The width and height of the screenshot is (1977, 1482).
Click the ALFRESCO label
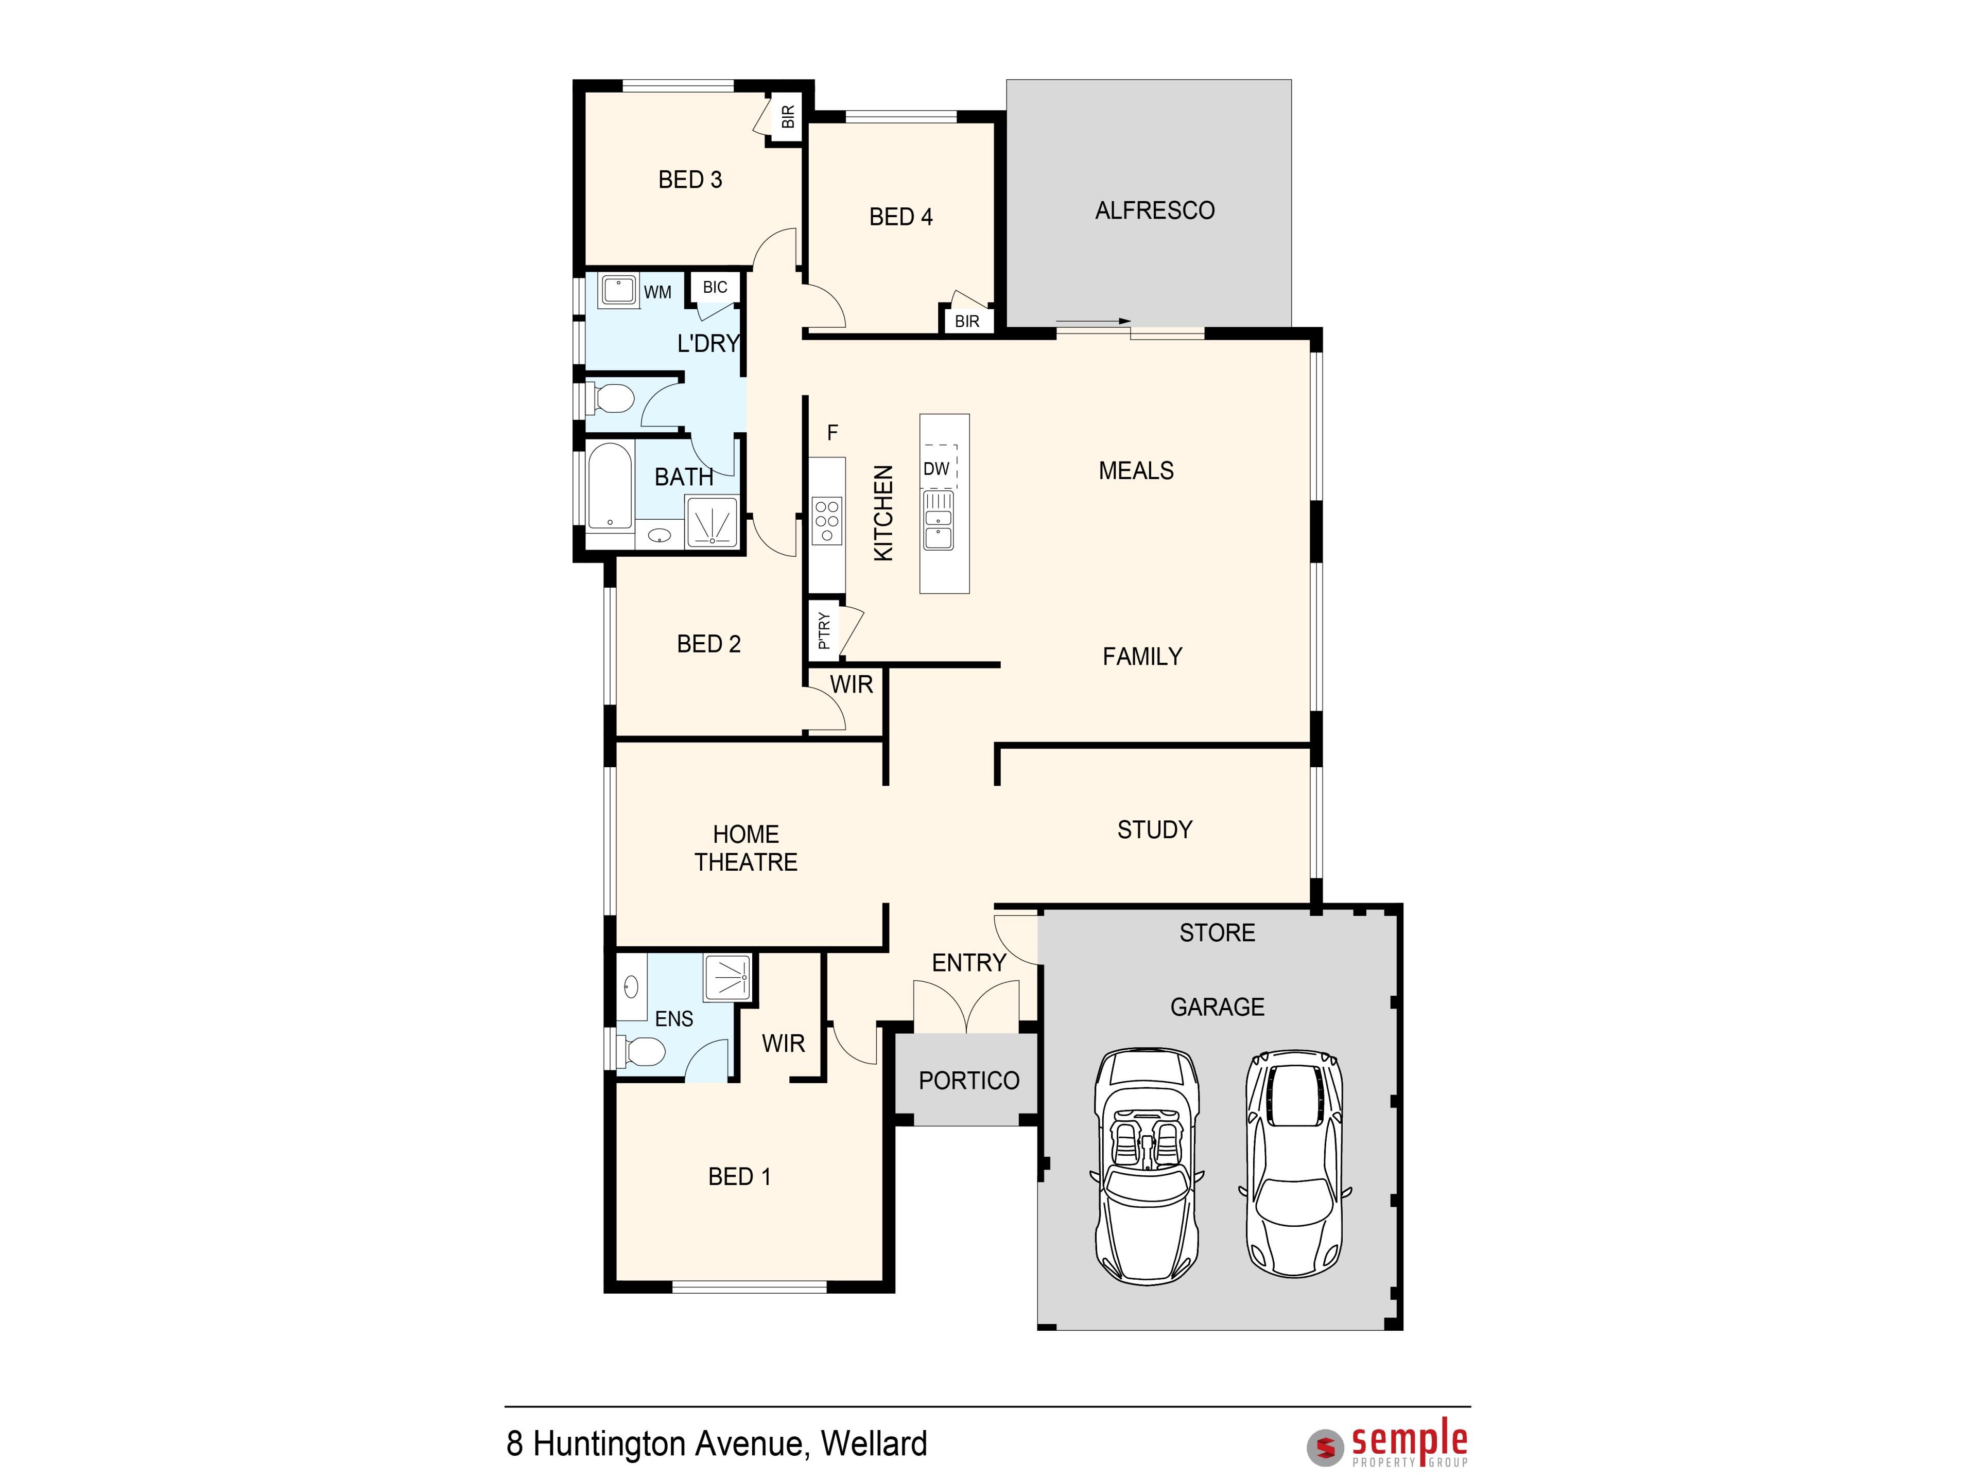[1155, 211]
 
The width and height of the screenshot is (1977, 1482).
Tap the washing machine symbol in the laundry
[618, 290]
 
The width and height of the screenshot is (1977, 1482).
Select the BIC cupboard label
[715, 288]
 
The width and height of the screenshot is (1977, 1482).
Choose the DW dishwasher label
[936, 469]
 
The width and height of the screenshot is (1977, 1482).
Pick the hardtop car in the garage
[1294, 1163]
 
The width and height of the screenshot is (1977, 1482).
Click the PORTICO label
[969, 1081]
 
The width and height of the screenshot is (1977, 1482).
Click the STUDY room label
[1155, 830]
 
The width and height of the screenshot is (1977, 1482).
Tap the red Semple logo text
[1410, 1440]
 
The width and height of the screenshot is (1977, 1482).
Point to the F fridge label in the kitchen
[832, 433]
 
